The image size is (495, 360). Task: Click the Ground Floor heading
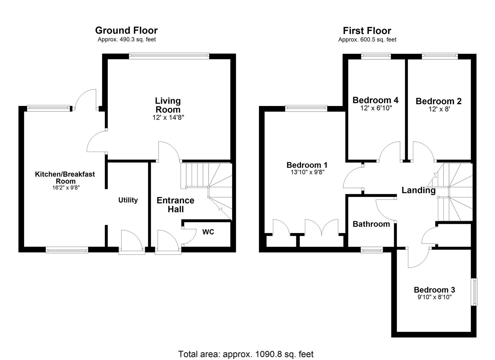click(126, 30)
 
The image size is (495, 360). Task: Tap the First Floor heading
click(367, 31)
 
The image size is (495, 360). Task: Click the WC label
click(208, 232)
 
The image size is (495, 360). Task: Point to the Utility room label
click(128, 200)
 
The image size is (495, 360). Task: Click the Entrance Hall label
click(175, 205)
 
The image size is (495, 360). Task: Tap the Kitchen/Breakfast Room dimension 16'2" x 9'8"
click(65, 188)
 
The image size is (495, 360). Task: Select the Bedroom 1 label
click(307, 165)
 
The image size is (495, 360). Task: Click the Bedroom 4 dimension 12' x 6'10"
click(376, 108)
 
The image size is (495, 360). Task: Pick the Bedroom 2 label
click(438, 101)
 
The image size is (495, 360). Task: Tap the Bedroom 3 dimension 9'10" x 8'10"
click(434, 297)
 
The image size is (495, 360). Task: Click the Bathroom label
click(371, 224)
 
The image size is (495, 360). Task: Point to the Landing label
click(418, 190)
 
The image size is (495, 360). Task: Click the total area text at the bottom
click(246, 354)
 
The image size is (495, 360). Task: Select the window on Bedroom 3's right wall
click(474, 292)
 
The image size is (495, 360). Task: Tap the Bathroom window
click(372, 250)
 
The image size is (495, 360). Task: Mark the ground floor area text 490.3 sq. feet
click(127, 39)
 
